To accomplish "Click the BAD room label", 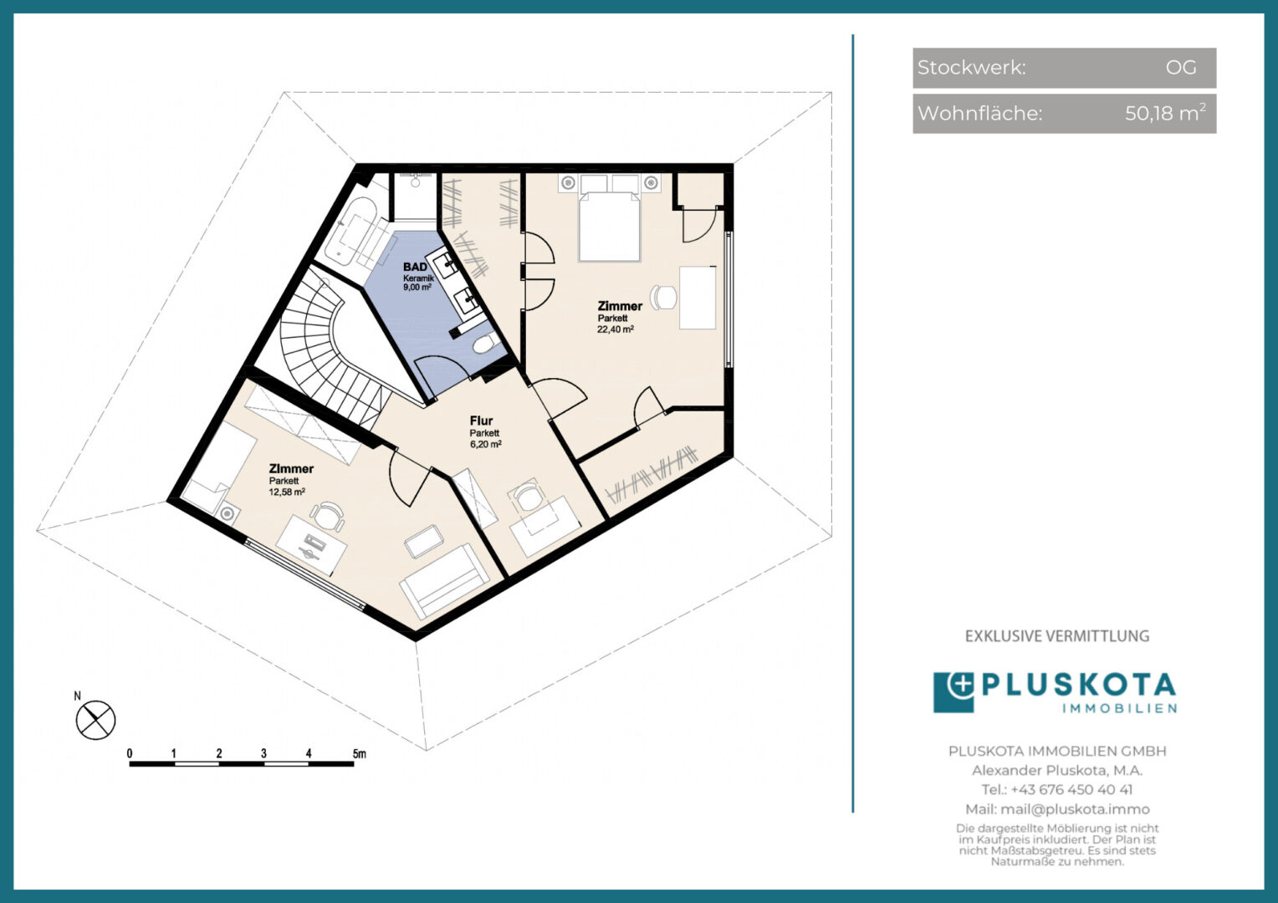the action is point(415,267).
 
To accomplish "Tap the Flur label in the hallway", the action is point(481,421).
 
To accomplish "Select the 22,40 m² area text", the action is point(616,329).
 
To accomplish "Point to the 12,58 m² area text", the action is point(287,492).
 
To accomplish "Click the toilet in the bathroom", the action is point(486,343).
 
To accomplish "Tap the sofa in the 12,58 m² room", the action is point(444,581).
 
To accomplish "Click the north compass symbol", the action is point(96,720).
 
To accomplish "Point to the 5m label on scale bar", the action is point(359,753).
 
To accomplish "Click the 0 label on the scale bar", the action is point(130,753).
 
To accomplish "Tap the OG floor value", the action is point(1181,68).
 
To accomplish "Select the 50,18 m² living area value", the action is point(1165,113).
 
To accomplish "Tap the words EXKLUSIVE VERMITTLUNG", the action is point(1057,636).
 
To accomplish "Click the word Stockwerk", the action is point(972,68).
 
